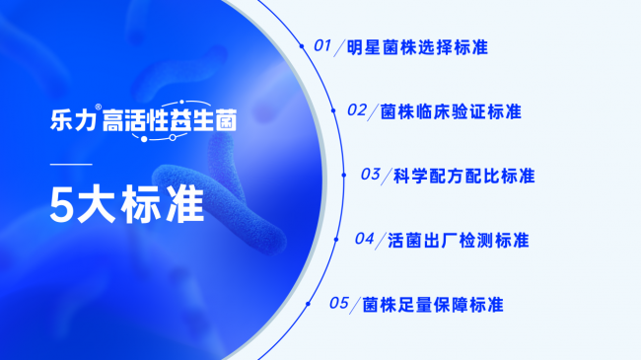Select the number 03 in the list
(x=371, y=175)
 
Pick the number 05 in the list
(x=339, y=303)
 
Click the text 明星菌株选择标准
(x=419, y=47)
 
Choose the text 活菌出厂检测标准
(x=460, y=240)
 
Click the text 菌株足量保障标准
(x=433, y=304)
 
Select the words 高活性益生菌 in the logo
(x=171, y=122)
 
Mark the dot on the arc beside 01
(x=301, y=45)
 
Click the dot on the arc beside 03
(x=343, y=175)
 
